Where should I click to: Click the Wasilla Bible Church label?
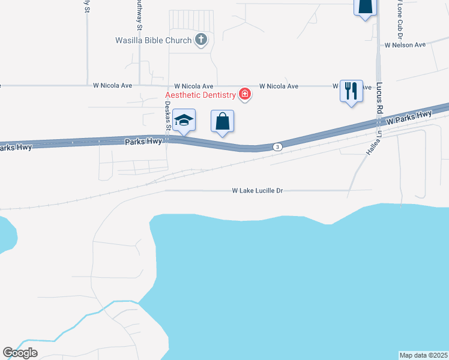(153, 41)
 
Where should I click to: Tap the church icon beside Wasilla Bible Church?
(201, 40)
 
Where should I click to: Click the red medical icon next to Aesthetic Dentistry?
(244, 94)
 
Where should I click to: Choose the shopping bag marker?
(223, 121)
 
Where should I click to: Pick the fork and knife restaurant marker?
(351, 91)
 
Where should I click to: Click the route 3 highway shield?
(277, 146)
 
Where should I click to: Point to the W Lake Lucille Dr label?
(257, 190)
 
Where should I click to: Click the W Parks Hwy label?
(409, 118)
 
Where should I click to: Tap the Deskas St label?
(168, 116)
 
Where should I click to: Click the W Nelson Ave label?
(405, 44)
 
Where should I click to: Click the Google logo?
(20, 353)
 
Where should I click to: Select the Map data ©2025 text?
(424, 355)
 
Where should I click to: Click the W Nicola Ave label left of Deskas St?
(112, 86)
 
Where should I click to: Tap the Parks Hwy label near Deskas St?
(143, 142)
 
